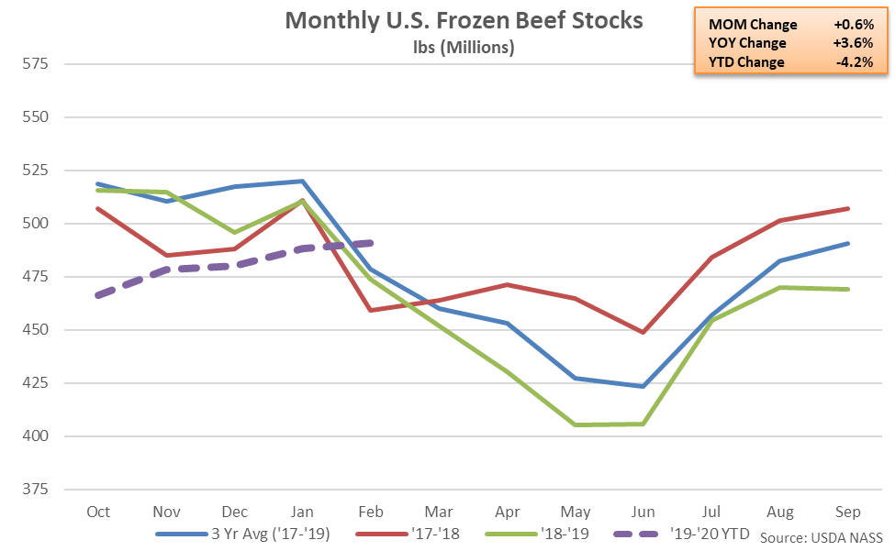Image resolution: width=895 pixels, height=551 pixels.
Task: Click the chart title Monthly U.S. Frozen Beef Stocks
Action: (464, 20)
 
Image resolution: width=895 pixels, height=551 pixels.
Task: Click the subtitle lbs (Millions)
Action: (464, 47)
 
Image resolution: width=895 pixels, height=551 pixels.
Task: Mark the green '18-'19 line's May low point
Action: (575, 424)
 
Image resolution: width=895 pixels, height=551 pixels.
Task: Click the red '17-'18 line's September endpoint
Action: (846, 209)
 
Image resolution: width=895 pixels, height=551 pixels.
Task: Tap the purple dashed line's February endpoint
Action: (371, 243)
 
